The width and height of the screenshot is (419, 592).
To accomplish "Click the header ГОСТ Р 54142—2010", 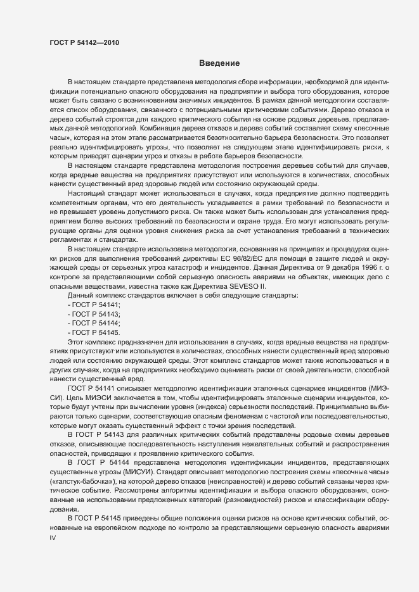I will click(84, 44).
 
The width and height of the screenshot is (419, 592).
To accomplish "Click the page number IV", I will click(53, 538).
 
